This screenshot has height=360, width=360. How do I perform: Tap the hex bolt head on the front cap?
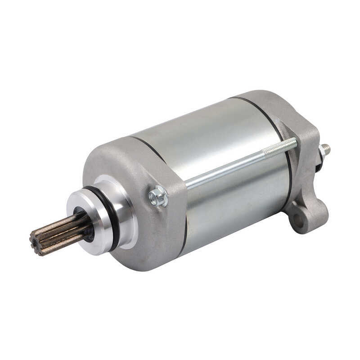click(158, 197)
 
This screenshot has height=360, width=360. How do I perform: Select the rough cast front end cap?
click(135, 171)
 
